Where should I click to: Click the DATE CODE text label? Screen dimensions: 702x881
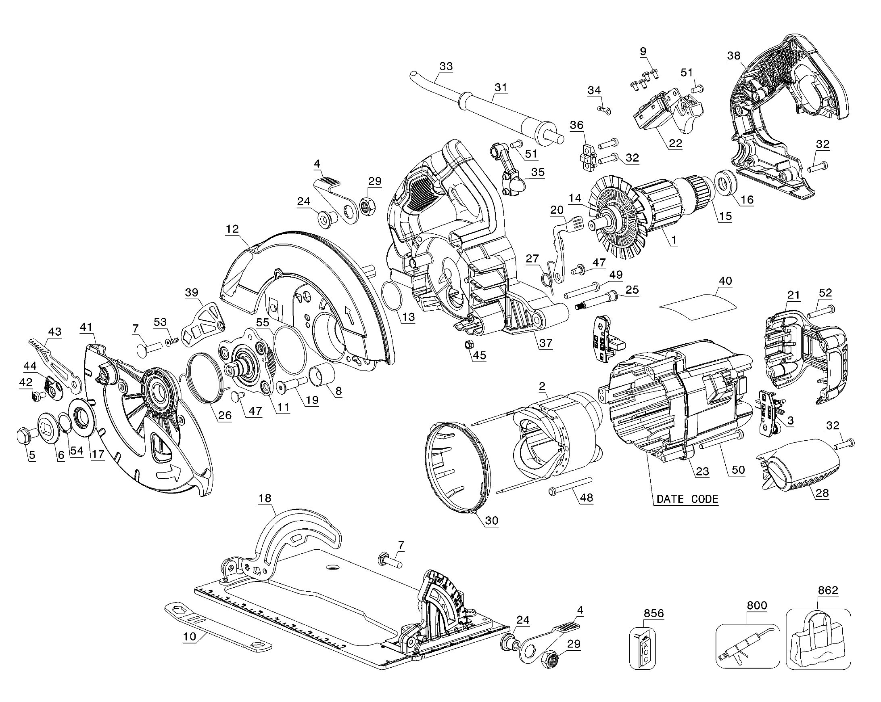point(687,499)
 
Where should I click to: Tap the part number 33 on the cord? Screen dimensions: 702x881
point(446,66)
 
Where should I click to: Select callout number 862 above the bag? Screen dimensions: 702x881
point(828,591)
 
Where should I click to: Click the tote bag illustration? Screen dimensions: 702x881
point(818,641)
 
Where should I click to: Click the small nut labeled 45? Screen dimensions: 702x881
point(469,344)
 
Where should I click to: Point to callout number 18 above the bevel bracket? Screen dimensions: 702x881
point(265,498)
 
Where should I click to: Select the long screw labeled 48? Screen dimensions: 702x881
point(570,485)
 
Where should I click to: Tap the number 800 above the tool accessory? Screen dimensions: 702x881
point(757,605)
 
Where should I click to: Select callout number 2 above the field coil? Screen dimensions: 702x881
point(542,386)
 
